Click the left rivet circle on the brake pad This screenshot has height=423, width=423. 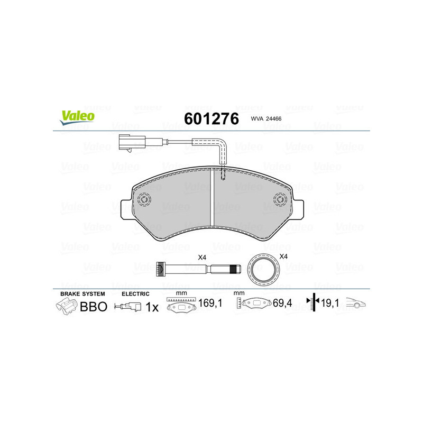pos(143,200)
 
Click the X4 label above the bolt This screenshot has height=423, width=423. pos(202,257)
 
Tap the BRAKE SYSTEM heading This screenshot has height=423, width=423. pos(82,293)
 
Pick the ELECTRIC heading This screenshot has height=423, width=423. pos(136,293)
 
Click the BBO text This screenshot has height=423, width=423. pos(93,306)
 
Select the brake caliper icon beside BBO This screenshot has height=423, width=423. pos(67,306)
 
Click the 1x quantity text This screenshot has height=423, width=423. pos(152,306)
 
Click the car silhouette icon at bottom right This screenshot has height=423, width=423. pos(356,304)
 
